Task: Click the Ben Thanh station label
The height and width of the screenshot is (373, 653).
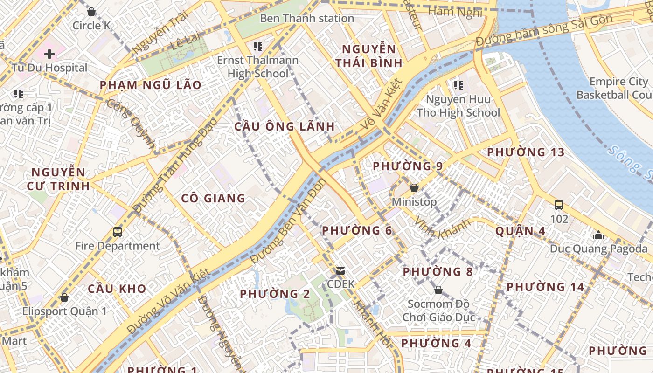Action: pyautogui.click(x=307, y=19)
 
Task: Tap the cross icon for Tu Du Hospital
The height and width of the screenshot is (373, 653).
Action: pyautogui.click(x=49, y=54)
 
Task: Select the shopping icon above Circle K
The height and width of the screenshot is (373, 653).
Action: pyautogui.click(x=91, y=11)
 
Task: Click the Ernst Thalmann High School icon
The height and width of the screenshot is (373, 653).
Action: pyautogui.click(x=257, y=46)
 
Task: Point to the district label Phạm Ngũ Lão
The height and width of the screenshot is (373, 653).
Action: pyautogui.click(x=151, y=85)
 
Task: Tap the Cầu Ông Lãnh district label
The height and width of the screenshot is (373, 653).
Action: pyautogui.click(x=285, y=126)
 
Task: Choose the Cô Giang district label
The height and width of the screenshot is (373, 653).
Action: pyautogui.click(x=213, y=198)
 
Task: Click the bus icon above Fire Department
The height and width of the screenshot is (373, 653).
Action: pyautogui.click(x=118, y=232)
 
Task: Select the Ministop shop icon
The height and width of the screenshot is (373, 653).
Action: pyautogui.click(x=414, y=188)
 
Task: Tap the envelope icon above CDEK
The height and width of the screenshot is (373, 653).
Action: pyautogui.click(x=340, y=271)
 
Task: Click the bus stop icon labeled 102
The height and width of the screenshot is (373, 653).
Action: pyautogui.click(x=559, y=205)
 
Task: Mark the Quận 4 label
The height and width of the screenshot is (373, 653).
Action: pyautogui.click(x=520, y=231)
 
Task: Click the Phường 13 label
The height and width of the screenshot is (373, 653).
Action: pyautogui.click(x=526, y=152)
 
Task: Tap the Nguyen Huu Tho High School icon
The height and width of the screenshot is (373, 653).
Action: pyautogui.click(x=458, y=85)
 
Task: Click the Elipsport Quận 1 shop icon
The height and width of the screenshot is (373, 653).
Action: pyautogui.click(x=64, y=297)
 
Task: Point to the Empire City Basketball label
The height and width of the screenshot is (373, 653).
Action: pyautogui.click(x=614, y=88)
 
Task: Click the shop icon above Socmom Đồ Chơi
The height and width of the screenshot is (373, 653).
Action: pyautogui.click(x=438, y=290)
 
